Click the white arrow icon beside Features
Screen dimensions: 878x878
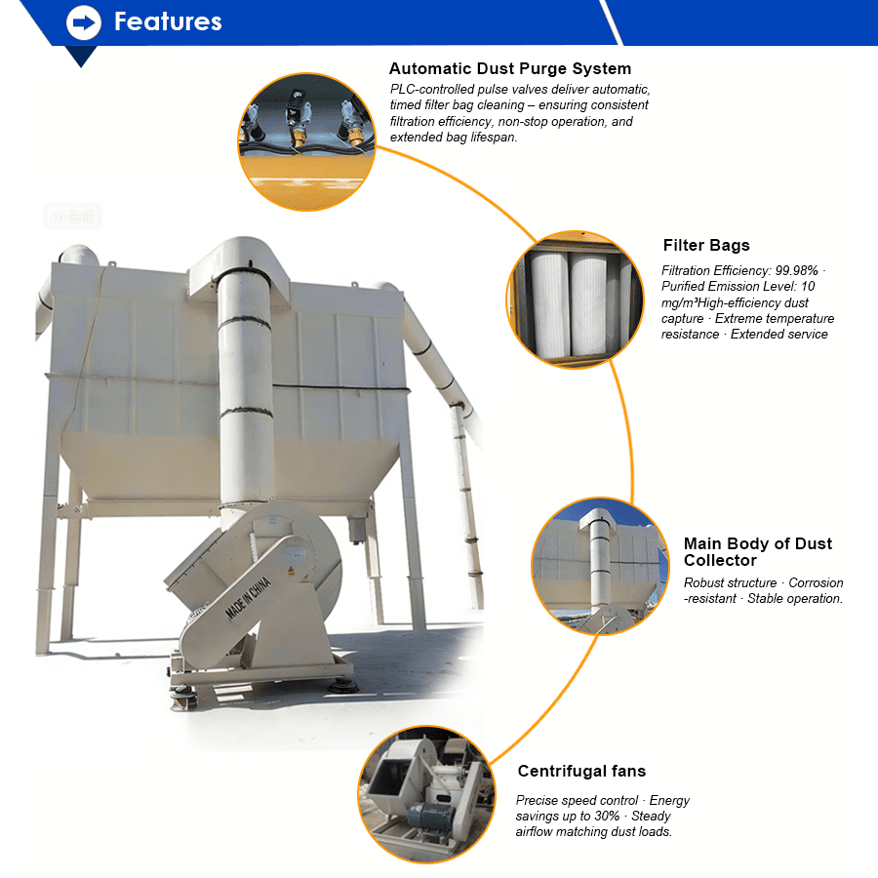[x=84, y=21]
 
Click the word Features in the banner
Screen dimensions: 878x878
[x=168, y=21]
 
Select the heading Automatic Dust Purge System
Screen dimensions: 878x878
[x=509, y=69]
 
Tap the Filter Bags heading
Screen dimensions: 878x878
[x=706, y=246]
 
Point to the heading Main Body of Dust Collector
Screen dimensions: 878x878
[x=757, y=552]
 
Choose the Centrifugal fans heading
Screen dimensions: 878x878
[x=581, y=772]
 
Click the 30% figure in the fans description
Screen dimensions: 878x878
[x=607, y=816]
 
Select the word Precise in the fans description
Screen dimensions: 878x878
[x=539, y=801]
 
